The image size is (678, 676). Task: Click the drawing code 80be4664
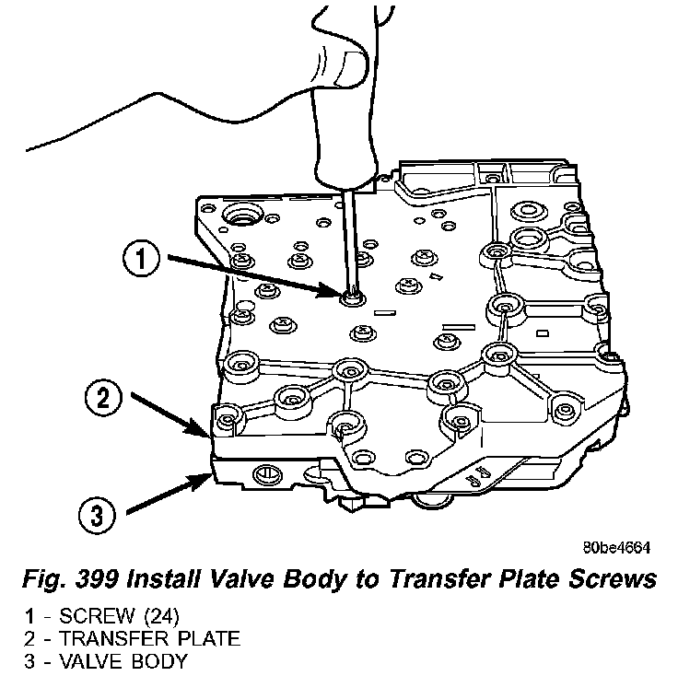coord(617,546)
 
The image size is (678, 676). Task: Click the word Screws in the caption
coord(609,581)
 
